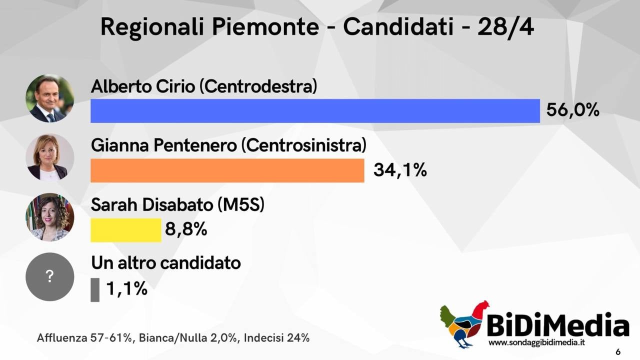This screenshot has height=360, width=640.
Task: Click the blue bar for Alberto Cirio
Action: (x=315, y=111)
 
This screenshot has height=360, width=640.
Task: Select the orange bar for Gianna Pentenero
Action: (x=227, y=170)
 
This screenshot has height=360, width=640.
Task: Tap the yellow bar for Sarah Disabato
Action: (x=126, y=230)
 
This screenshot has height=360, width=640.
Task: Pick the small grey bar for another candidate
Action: (x=95, y=289)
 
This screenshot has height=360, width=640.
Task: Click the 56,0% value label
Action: (x=572, y=110)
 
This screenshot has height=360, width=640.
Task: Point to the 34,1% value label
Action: (x=400, y=170)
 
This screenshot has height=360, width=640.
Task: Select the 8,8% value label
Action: (x=186, y=229)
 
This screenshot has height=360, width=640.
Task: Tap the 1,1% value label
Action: (x=127, y=288)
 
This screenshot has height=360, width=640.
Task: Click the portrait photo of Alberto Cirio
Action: (x=49, y=98)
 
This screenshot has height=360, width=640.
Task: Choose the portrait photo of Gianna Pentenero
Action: (x=49, y=157)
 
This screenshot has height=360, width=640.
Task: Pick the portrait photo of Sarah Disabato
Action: (x=49, y=217)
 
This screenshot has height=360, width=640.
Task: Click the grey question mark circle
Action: (x=49, y=276)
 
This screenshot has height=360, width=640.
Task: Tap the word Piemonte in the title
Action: (x=265, y=27)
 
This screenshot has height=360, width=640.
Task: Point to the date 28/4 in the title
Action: (x=505, y=27)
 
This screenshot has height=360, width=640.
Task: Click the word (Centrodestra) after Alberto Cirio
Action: (x=258, y=86)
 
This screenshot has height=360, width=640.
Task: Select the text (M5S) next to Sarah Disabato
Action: (x=241, y=205)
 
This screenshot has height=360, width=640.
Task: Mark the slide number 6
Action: (x=618, y=351)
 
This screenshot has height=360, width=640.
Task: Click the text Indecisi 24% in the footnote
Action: (x=276, y=338)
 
